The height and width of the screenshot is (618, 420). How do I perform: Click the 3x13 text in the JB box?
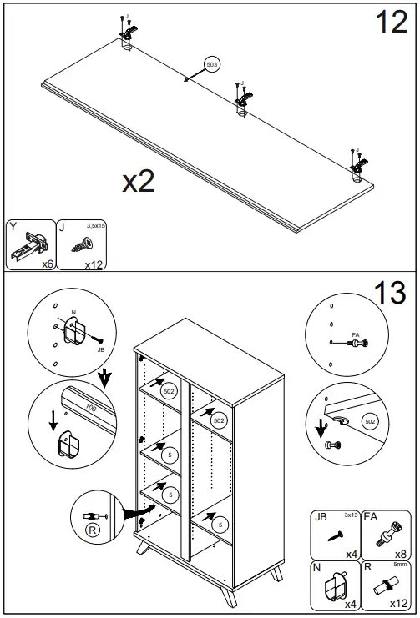(352, 515)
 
